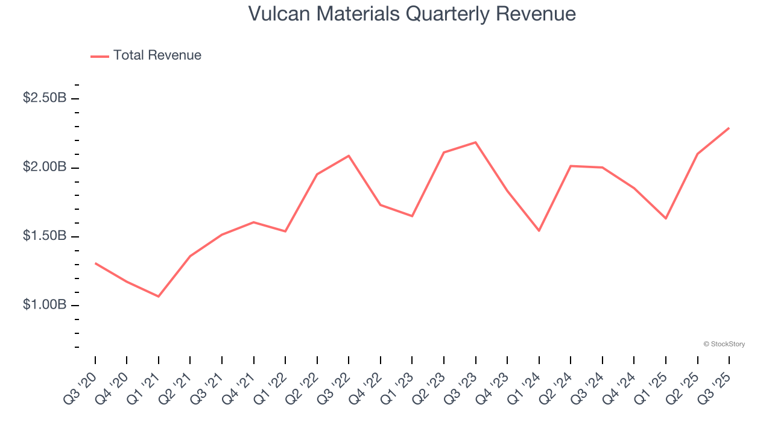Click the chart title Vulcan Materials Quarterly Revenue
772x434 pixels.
(x=412, y=14)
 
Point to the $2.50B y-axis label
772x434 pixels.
(x=45, y=98)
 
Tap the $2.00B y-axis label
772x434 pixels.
(x=45, y=167)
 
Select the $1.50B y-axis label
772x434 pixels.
(x=45, y=236)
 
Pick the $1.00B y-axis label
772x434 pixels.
(x=45, y=305)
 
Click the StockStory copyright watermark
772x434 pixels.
(x=724, y=344)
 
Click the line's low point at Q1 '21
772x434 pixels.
(x=159, y=297)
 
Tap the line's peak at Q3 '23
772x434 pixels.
(x=476, y=142)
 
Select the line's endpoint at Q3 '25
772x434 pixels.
(x=729, y=128)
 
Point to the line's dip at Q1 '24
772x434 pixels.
(x=539, y=231)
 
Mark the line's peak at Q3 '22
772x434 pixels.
(x=349, y=156)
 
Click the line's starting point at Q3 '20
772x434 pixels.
(x=95, y=263)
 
